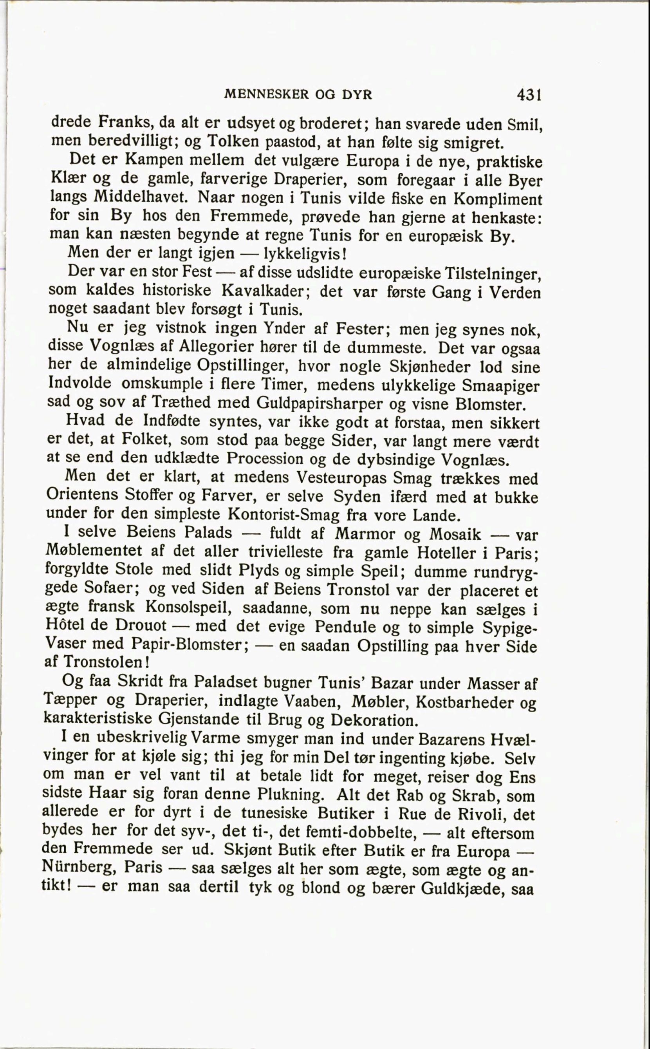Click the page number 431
[x=528, y=94]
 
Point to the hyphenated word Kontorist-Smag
[x=284, y=515]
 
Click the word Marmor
[x=365, y=534]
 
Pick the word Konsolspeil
[x=189, y=607]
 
